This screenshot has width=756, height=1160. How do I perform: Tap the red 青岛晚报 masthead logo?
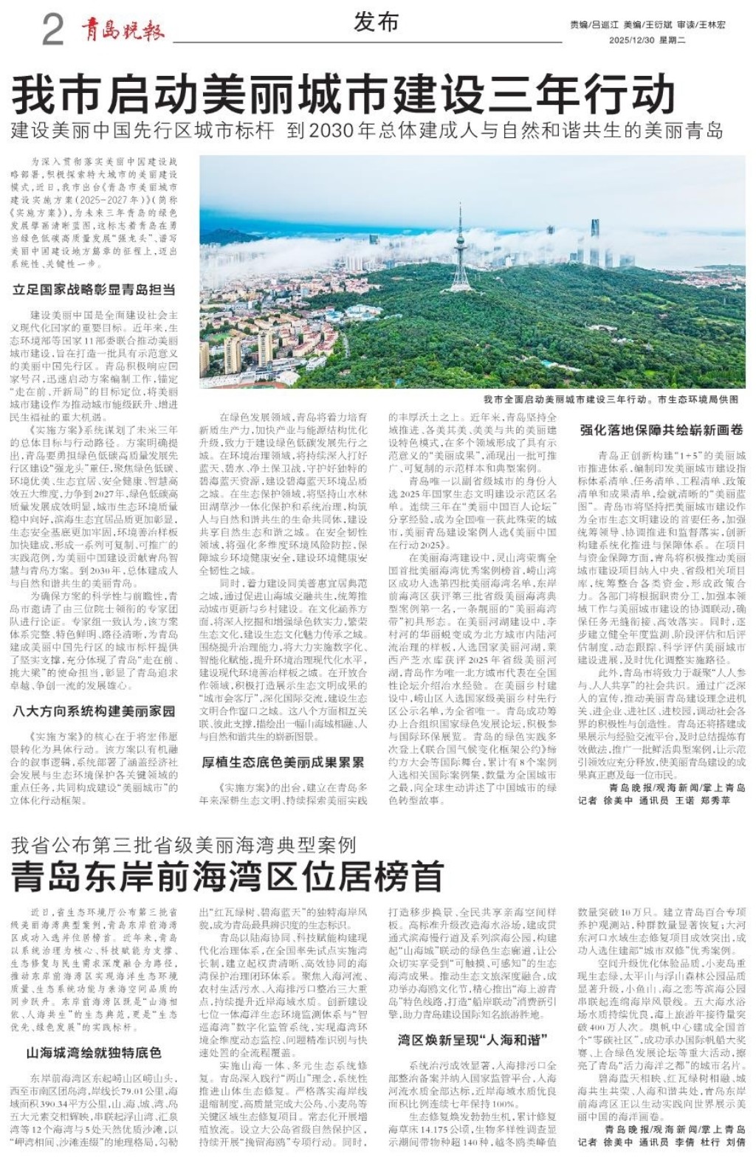123,30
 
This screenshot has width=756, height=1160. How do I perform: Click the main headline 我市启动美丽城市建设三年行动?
344,94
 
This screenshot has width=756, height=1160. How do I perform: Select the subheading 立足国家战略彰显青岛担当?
94,290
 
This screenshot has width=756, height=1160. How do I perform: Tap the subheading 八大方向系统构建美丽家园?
94,711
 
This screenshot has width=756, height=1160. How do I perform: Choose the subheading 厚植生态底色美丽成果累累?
283,762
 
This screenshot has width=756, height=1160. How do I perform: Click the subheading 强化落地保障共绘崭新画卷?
661,429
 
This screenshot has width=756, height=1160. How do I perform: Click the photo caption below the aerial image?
611,399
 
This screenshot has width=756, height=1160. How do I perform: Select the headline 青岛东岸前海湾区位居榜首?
227,876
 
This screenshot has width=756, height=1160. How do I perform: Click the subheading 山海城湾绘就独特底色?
94,1052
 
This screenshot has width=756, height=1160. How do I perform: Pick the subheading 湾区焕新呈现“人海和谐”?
472,1040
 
